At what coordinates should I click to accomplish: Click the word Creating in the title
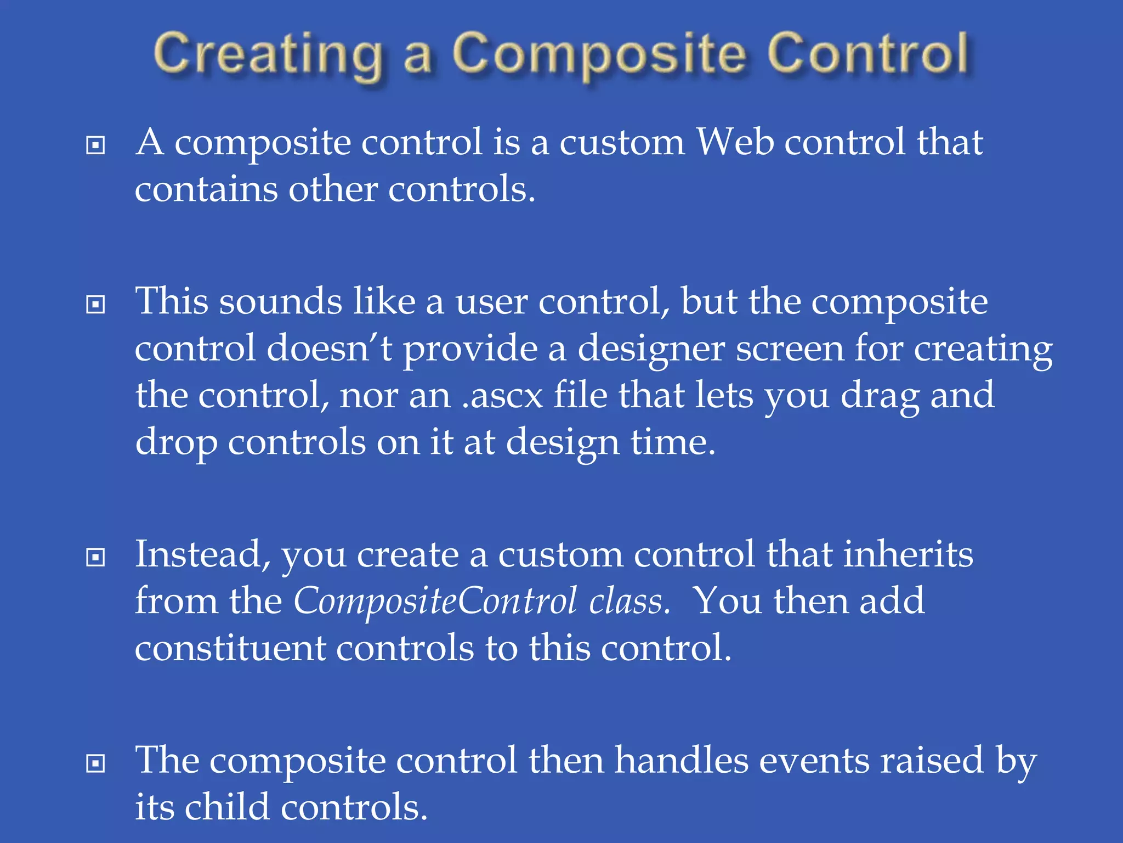[x=267, y=55]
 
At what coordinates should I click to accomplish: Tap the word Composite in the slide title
[x=599, y=55]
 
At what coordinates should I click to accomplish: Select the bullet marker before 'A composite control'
[x=96, y=145]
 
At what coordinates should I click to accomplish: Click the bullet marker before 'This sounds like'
[x=96, y=305]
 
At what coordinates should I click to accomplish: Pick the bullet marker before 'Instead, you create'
[x=96, y=558]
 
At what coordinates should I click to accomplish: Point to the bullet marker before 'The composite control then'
[x=96, y=763]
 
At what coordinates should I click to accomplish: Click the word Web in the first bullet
[x=735, y=143]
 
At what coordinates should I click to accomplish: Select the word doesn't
[x=329, y=349]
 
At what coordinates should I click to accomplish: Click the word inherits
[x=908, y=555]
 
